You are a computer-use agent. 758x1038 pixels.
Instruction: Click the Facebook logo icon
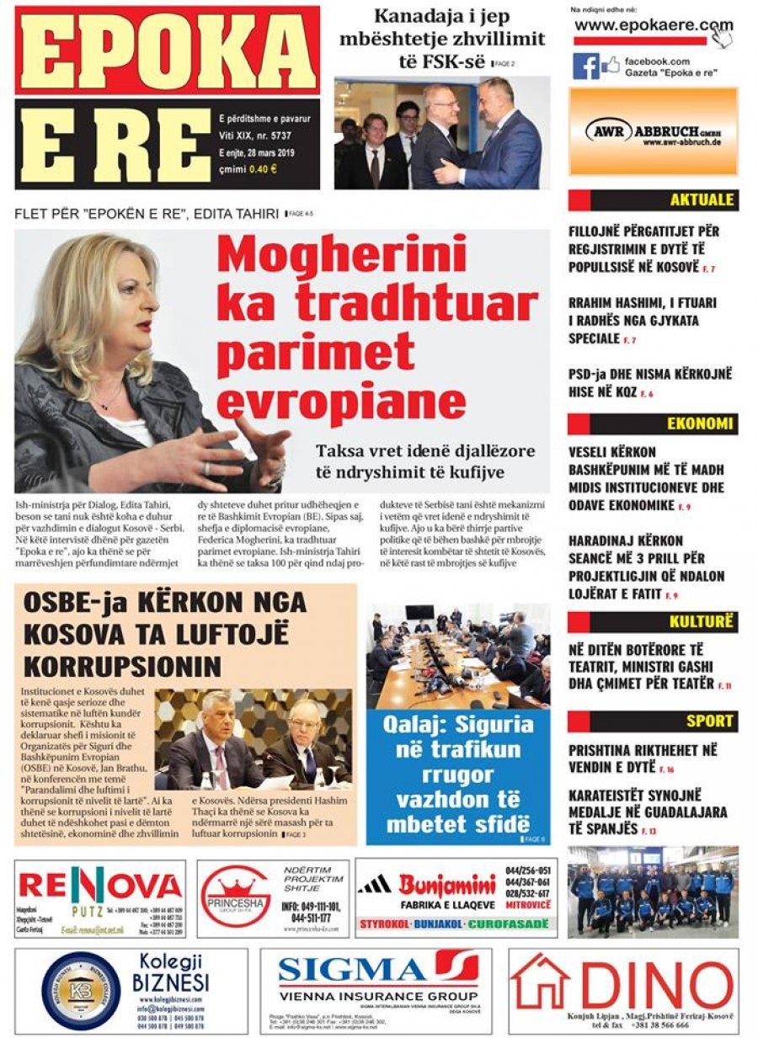point(585,66)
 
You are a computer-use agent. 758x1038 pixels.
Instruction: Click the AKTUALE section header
point(702,200)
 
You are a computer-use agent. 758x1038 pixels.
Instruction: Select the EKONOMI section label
point(700,423)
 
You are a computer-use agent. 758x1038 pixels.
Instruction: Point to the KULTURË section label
point(702,622)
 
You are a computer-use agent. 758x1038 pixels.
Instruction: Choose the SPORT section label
point(709,721)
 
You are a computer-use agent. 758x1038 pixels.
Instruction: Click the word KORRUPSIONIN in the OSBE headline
point(122,666)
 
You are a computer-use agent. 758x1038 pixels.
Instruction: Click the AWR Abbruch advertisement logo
point(653,132)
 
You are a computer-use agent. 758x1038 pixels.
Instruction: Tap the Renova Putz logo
point(99,886)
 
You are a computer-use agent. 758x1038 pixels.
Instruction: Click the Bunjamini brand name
point(446,885)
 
